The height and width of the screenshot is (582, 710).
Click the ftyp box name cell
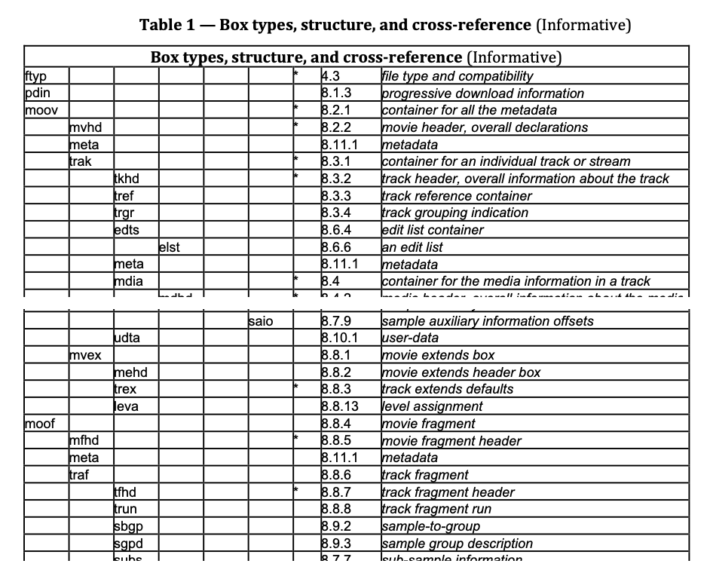pos(35,76)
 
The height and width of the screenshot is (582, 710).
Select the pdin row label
pos(36,93)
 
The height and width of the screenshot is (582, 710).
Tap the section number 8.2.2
pos(336,127)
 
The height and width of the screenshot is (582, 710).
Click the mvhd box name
pos(84,127)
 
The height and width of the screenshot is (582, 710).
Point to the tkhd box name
pos(127,179)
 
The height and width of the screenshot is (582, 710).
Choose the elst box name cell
pos(170,247)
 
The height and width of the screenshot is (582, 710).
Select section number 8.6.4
pos(336,230)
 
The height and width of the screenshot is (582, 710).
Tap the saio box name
pos(261,321)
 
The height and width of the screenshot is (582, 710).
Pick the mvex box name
pos(85,355)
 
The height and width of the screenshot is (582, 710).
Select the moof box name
pos(40,424)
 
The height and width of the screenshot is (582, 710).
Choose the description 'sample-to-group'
pos(430,526)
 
